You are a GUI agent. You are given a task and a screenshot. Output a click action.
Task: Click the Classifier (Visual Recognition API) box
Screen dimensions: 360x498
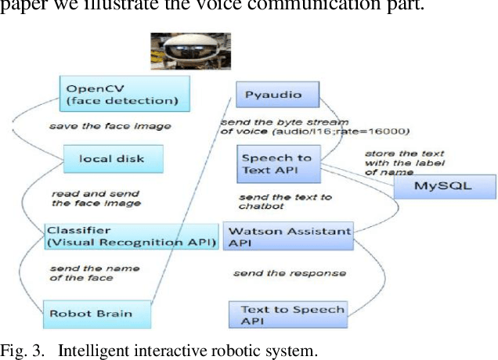[x=131, y=236]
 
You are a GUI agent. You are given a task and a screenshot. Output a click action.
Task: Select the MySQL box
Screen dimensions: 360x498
[x=443, y=187]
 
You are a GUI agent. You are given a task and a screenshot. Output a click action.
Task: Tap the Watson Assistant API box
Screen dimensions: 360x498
[x=287, y=236]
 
